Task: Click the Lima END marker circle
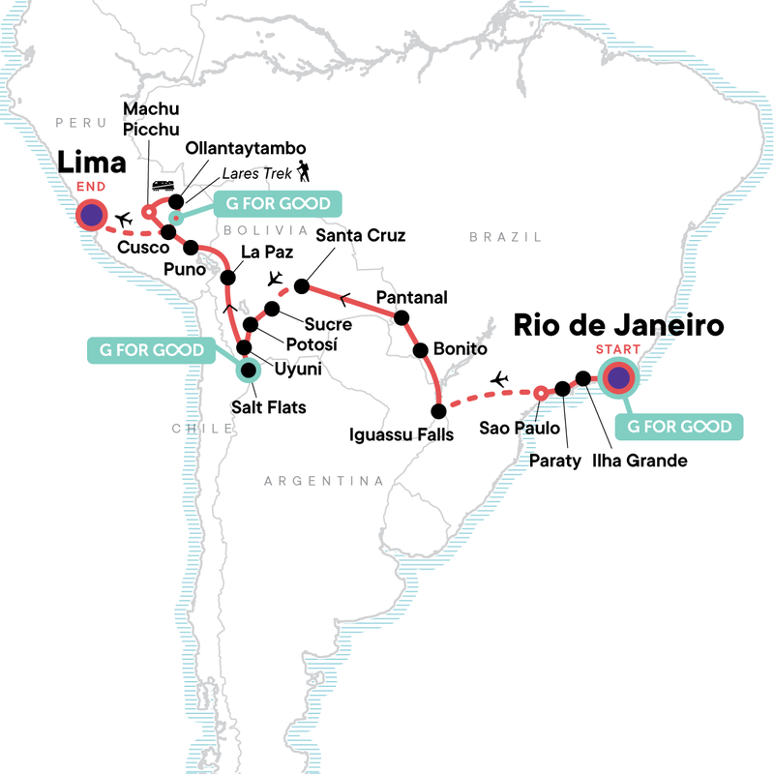coord(92,215)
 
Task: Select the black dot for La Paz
coord(228,278)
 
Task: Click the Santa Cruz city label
coord(360,235)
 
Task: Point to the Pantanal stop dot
coord(401,317)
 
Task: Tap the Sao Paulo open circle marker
coord(540,392)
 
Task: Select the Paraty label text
coord(555,461)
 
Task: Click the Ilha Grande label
coord(640,461)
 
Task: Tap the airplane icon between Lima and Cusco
coord(123,221)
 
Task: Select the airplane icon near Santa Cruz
coord(276,279)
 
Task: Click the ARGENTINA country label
coord(323,481)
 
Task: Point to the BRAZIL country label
coord(495,236)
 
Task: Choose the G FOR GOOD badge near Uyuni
coord(148,349)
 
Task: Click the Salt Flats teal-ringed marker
coord(250,369)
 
